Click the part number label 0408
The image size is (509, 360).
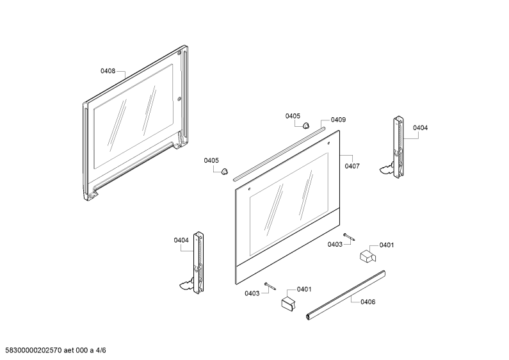(x=108, y=71)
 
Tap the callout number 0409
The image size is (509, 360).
(x=338, y=120)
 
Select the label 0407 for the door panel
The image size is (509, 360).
(x=352, y=166)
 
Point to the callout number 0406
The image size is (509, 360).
(x=368, y=302)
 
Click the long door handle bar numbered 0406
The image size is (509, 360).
(x=346, y=295)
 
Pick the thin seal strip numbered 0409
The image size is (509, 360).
(x=279, y=154)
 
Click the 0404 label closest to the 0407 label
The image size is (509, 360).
(x=421, y=128)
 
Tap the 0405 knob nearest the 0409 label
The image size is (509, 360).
(x=306, y=126)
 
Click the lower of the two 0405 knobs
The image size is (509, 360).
(x=224, y=171)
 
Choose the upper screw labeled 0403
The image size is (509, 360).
(x=349, y=237)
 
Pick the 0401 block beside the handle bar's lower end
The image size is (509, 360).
(x=289, y=304)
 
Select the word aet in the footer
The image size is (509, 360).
(x=69, y=350)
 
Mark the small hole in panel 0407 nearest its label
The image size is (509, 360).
(x=328, y=143)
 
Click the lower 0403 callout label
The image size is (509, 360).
(x=252, y=293)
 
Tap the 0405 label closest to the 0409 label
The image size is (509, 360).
(x=293, y=116)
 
